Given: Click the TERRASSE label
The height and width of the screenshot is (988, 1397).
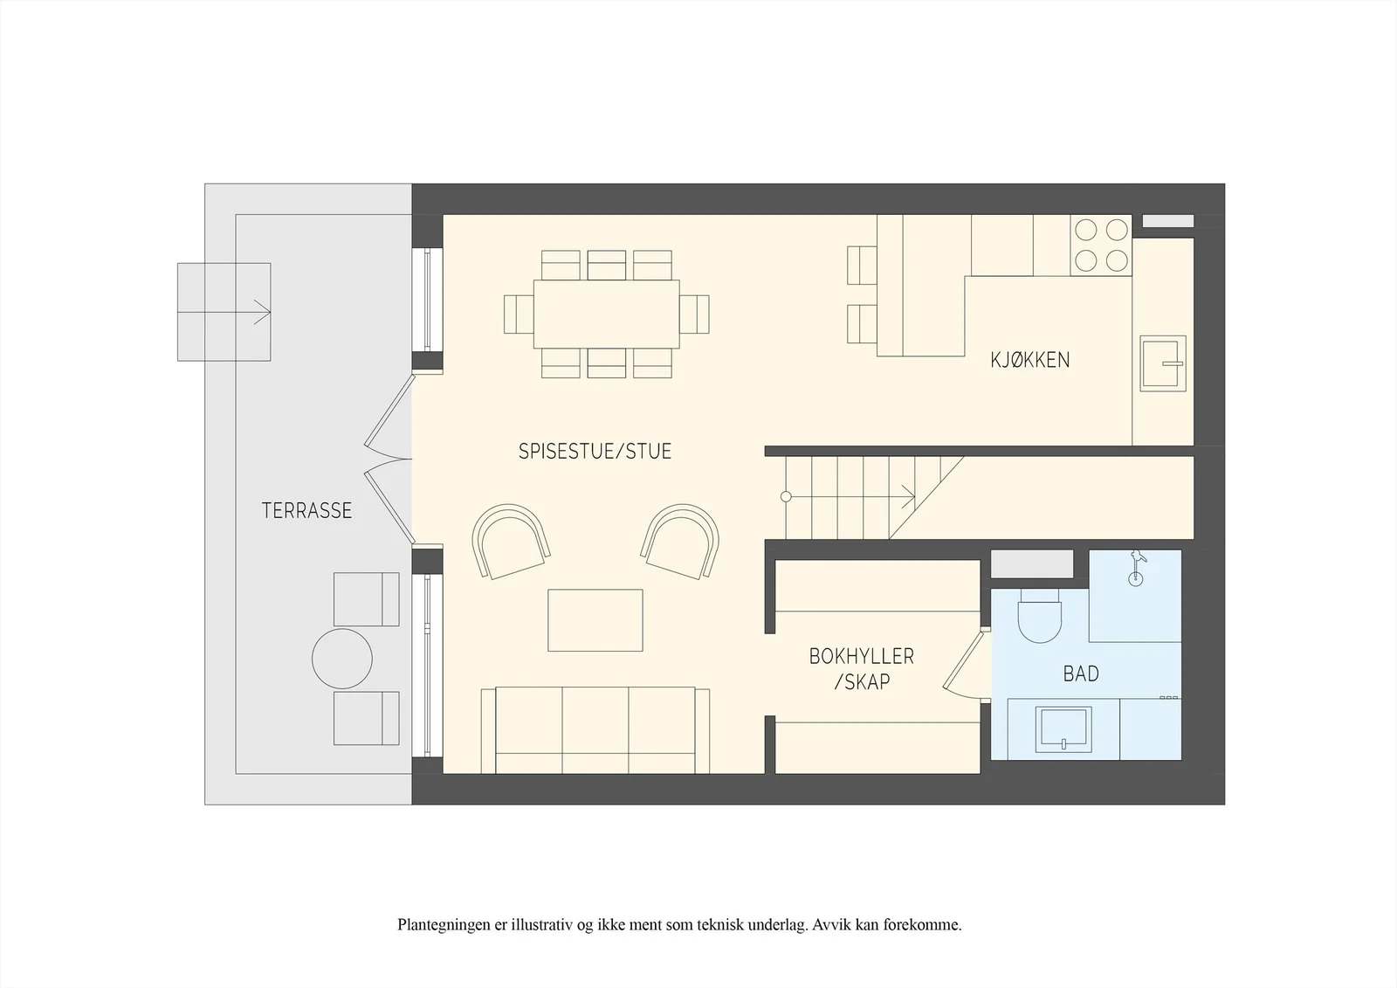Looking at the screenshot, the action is tap(306, 510).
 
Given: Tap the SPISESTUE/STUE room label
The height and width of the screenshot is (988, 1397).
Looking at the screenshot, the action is tap(595, 452).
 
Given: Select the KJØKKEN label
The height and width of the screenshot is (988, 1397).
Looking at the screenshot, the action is tap(1030, 360).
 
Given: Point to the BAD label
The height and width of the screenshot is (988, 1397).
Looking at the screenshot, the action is tap(1081, 674).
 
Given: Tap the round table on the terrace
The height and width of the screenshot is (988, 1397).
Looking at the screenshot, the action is tap(342, 659).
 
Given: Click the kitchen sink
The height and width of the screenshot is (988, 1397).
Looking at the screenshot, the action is tap(1163, 364).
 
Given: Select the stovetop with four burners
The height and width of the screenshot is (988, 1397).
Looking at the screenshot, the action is tap(1101, 245).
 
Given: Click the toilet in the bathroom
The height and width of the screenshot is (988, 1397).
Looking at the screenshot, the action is tap(1040, 615).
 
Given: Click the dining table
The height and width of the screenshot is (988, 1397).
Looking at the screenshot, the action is tap(607, 314).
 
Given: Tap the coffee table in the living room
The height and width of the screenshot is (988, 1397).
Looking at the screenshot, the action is tap(595, 620).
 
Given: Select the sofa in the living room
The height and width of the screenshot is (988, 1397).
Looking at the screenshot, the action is tap(595, 731).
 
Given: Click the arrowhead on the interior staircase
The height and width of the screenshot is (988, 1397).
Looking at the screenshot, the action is tap(909, 497).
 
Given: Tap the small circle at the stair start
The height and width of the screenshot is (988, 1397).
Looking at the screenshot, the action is tap(787, 497).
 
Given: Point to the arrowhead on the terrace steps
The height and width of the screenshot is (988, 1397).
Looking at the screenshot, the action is tap(263, 312).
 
